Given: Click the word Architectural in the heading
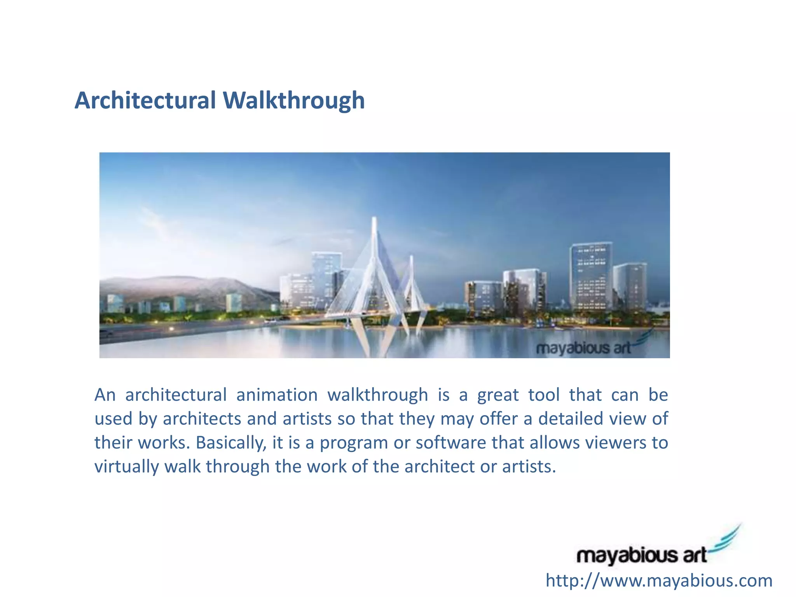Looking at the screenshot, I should tap(145, 100).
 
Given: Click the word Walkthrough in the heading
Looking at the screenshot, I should tap(294, 100).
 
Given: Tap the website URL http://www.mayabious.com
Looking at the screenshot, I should tap(659, 581).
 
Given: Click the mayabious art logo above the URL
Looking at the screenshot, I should tap(641, 555).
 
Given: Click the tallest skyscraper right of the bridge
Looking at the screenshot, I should tap(591, 276).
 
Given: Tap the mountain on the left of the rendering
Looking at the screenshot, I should tap(187, 288).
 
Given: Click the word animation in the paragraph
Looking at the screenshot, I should tap(277, 395).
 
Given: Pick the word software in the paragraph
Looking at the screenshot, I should tap(451, 443).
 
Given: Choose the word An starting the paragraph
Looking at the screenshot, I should tap(105, 395).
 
